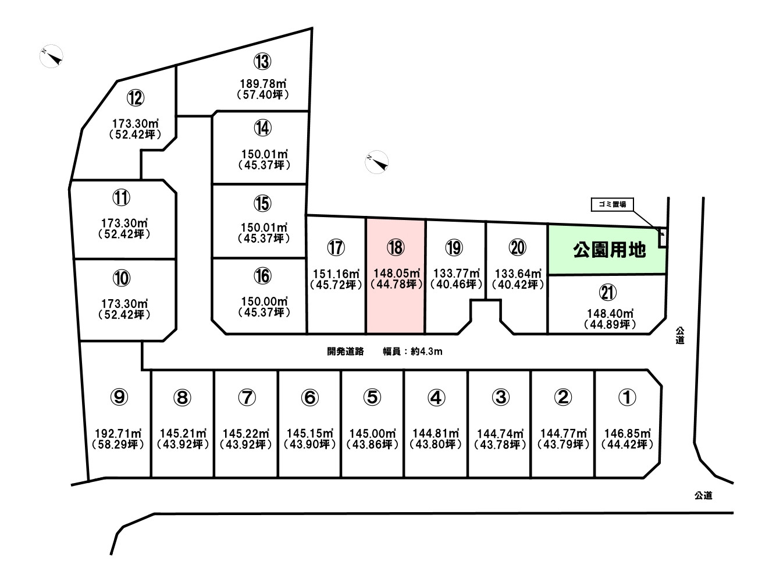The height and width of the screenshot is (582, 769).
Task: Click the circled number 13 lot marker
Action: pyautogui.click(x=262, y=62)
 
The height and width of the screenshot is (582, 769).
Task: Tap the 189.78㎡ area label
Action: pyautogui.click(x=263, y=84)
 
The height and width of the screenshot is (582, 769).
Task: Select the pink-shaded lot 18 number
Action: pyautogui.click(x=396, y=247)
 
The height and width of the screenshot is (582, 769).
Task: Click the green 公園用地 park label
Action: pyautogui.click(x=609, y=250)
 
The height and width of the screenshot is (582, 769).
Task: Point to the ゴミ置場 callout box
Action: pyautogui.click(x=612, y=204)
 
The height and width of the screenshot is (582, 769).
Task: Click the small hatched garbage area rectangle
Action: pyautogui.click(x=663, y=238)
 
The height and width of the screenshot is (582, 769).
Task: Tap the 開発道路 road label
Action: pyautogui.click(x=346, y=351)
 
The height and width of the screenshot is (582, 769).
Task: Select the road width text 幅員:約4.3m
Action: pyautogui.click(x=412, y=351)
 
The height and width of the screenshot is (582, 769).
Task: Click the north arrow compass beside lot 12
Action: pyautogui.click(x=52, y=56)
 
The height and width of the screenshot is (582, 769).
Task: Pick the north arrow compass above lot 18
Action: pyautogui.click(x=376, y=162)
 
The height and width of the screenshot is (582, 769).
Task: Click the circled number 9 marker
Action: pyautogui.click(x=119, y=397)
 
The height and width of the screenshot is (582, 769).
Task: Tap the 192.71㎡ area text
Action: pyautogui.click(x=118, y=434)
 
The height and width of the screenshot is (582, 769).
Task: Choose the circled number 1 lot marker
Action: pyautogui.click(x=627, y=397)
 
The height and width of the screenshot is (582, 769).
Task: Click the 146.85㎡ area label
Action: pyautogui.click(x=628, y=434)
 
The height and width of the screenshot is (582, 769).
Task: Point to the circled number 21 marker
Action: pyautogui.click(x=608, y=293)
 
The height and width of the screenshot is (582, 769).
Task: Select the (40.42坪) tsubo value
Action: pyautogui.click(x=518, y=285)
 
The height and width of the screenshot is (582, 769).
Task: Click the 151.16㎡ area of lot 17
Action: pyautogui.click(x=336, y=274)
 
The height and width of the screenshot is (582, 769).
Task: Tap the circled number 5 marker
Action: pyautogui.click(x=372, y=397)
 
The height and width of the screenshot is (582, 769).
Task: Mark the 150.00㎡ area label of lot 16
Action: pyautogui.click(x=264, y=301)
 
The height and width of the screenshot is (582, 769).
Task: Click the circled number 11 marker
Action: pyautogui.click(x=122, y=198)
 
